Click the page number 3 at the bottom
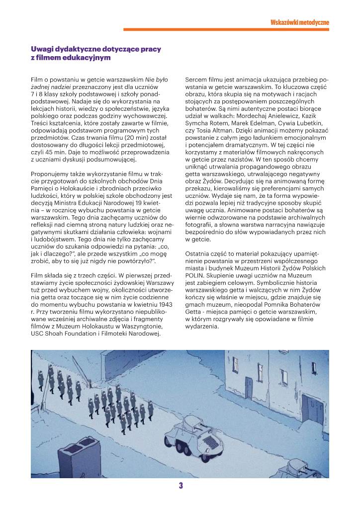181,486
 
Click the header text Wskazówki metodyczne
299,22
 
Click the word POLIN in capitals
194,274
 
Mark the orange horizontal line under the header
226,30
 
